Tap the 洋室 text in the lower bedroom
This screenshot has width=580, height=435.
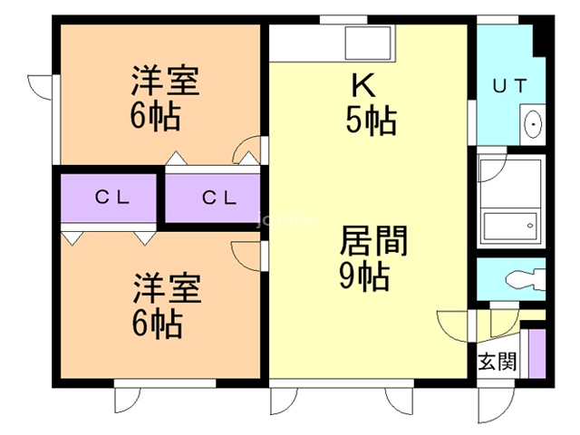[x=164, y=288]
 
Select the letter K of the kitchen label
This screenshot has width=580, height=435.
[x=362, y=86]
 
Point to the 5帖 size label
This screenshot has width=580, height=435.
[x=370, y=121]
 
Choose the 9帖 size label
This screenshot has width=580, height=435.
[x=364, y=275]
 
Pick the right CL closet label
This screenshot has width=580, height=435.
[x=218, y=197]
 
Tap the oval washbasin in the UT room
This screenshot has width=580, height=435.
[x=533, y=123]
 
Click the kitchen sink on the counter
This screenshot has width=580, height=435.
[x=368, y=42]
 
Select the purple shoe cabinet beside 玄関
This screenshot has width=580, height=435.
[x=536, y=353]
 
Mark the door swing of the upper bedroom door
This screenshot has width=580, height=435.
[x=246, y=150]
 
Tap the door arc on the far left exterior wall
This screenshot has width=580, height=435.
[x=41, y=87]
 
